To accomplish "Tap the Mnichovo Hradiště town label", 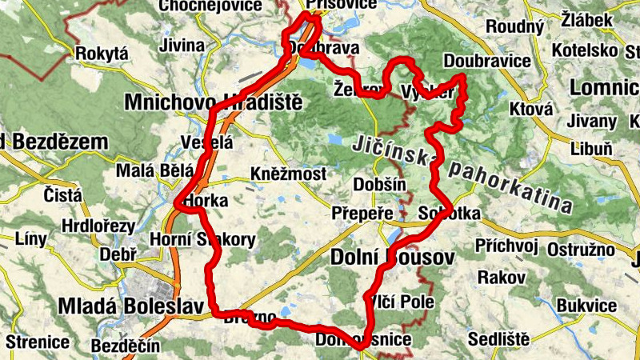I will point(212,102).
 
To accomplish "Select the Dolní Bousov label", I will point(391,258).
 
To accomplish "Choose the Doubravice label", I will point(486,62).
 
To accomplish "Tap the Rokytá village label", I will point(101,54).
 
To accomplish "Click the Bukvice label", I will point(586,306).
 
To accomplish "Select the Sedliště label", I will point(498,338).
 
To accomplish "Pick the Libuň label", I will point(591,148).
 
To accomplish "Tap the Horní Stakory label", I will point(203,239).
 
